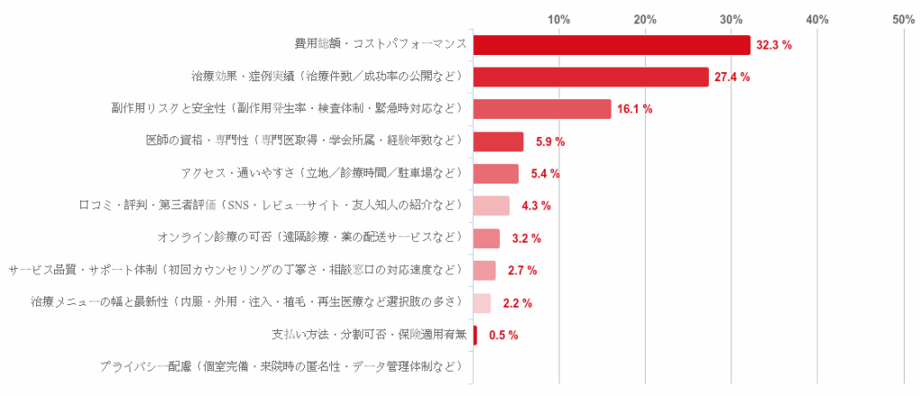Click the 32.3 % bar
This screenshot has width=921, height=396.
(x=612, y=44)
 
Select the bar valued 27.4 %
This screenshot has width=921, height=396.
(x=591, y=76)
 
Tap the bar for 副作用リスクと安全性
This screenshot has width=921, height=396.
(x=542, y=109)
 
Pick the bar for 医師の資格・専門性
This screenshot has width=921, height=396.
(x=498, y=141)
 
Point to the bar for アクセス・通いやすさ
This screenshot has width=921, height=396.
(x=496, y=174)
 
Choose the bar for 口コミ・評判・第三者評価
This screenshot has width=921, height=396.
(x=491, y=206)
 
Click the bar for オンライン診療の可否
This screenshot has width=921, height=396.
(x=487, y=238)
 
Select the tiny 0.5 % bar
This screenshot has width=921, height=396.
(x=475, y=335)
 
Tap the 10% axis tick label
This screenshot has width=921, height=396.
(x=559, y=19)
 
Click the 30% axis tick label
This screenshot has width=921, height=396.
(x=731, y=19)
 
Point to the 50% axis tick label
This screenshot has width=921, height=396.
(x=903, y=19)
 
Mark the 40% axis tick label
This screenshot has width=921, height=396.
(x=817, y=19)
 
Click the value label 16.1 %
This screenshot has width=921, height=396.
(x=635, y=109)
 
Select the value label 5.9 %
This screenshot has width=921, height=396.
(x=549, y=141)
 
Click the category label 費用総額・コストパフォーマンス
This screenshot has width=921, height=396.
(x=380, y=44)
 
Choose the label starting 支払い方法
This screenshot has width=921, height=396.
(x=369, y=335)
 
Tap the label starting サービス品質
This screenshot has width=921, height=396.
(x=236, y=270)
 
